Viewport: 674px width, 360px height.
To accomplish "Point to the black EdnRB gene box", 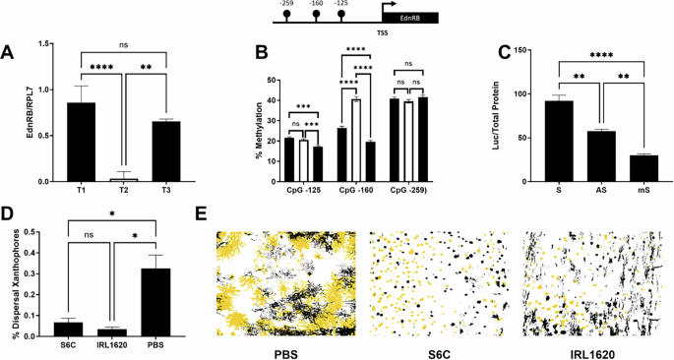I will (x=408, y=17).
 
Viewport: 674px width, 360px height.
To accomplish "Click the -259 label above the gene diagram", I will (x=288, y=4).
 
